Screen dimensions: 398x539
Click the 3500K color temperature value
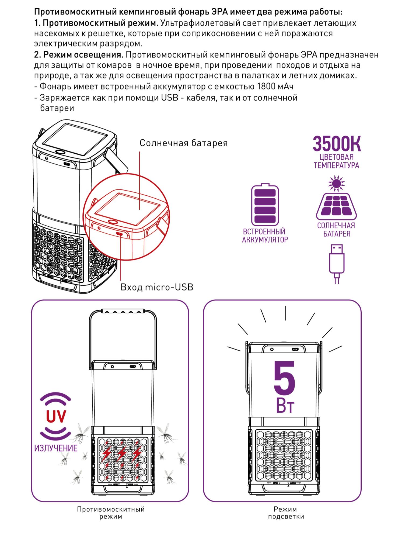[x=337, y=144]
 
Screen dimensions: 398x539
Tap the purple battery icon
[x=265, y=205]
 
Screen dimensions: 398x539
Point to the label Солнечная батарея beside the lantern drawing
[x=184, y=143]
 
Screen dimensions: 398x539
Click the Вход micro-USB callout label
[x=157, y=287]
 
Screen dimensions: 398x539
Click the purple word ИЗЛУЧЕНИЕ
[x=56, y=448]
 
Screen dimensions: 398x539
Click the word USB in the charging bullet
[x=170, y=98]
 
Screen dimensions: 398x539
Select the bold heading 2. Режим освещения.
[x=79, y=55]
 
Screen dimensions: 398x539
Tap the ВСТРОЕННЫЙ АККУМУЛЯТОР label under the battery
[x=265, y=236]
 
